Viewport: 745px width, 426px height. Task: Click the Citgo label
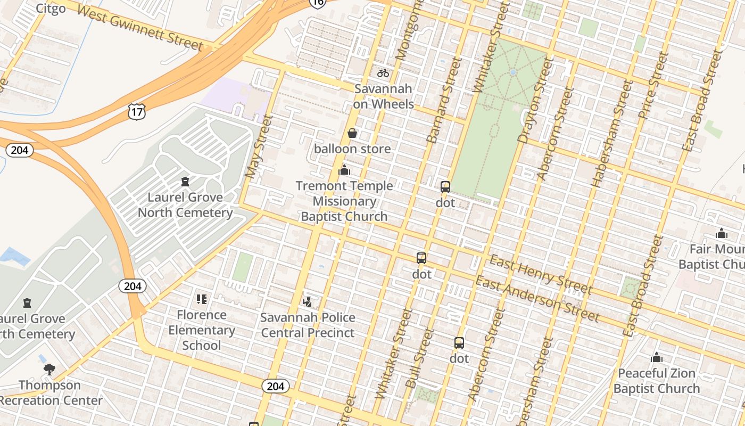[51, 8]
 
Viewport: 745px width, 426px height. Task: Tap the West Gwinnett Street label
[139, 28]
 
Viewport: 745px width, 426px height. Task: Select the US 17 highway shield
[136, 111]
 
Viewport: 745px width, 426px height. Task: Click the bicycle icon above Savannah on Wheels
[383, 73]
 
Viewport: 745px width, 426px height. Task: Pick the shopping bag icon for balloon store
[352, 133]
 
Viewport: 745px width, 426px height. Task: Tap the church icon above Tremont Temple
[344, 170]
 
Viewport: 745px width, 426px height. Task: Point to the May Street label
[259, 146]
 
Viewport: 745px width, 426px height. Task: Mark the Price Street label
[652, 85]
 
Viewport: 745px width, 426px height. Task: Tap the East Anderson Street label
[537, 299]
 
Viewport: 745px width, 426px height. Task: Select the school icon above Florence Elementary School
[201, 299]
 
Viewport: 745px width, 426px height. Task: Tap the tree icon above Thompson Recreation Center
[49, 369]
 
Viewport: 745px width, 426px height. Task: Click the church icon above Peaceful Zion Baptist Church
[657, 357]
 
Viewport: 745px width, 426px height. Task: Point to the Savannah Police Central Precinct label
[308, 325]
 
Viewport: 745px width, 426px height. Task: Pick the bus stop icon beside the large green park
[445, 187]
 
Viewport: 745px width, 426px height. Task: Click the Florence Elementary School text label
[202, 330]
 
